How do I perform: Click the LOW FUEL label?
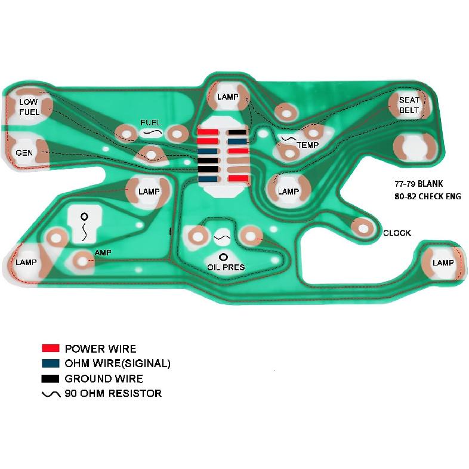(29, 107)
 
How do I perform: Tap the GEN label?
(24, 153)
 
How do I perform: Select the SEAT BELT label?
(409, 105)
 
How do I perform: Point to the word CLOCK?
(397, 233)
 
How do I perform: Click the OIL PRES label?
(226, 267)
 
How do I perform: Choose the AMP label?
(103, 253)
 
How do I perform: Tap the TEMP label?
(308, 146)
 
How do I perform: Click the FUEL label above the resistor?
(150, 123)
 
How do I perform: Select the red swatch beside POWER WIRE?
(51, 348)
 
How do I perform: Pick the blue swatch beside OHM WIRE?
(51, 363)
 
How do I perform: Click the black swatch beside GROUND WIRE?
(51, 378)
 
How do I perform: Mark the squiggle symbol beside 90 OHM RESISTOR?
(51, 394)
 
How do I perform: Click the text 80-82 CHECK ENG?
(428, 196)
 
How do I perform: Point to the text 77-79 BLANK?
(418, 184)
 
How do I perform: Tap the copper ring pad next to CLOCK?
(363, 229)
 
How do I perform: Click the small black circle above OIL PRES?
(223, 257)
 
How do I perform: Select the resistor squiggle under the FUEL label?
(152, 132)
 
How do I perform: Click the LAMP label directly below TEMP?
(288, 192)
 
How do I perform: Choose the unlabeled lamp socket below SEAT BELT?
(414, 148)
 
